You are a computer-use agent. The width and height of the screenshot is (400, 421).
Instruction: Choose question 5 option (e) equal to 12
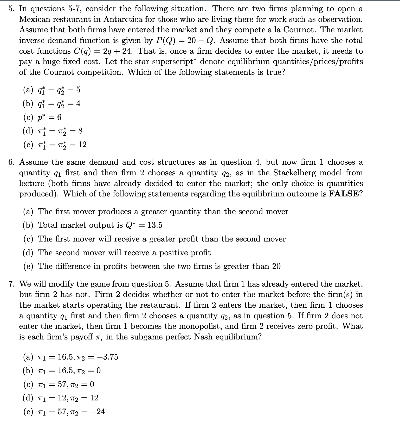pos(55,145)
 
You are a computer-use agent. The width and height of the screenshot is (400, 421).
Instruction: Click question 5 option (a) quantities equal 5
pos(52,90)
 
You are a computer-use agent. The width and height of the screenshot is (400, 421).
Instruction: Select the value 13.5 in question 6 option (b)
pos(155,225)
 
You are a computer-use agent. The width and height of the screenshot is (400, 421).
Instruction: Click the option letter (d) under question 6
pos(28,253)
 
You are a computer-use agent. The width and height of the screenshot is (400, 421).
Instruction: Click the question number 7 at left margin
pos(11,284)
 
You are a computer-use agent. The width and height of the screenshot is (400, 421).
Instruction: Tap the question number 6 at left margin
pos(11,162)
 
